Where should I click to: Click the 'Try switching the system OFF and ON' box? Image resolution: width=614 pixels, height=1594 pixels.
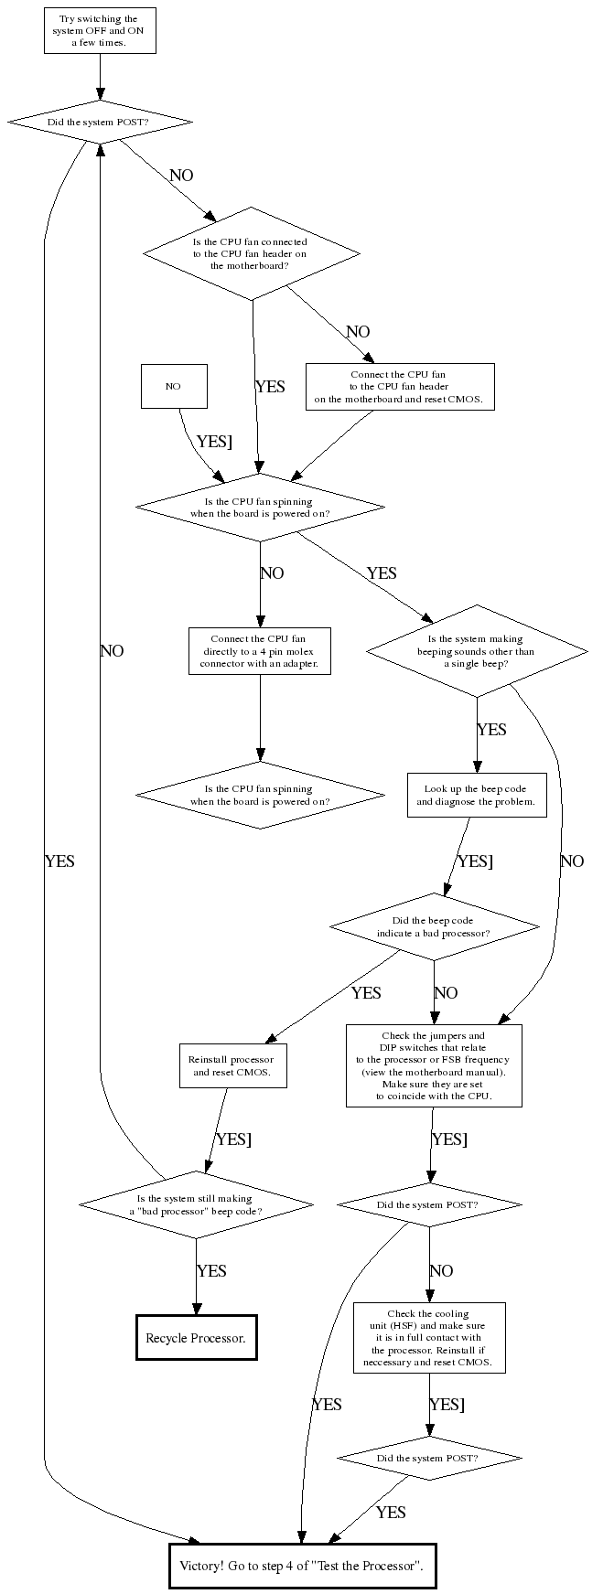100,31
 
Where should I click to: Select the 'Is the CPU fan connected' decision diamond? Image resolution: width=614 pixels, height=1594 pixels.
252,253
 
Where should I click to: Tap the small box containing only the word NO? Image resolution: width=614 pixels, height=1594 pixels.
174,386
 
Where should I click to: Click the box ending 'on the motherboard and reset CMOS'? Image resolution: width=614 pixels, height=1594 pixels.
399,387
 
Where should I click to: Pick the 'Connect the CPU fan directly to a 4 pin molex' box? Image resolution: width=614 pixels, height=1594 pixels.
259,651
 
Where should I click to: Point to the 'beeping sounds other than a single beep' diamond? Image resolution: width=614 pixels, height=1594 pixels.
476,651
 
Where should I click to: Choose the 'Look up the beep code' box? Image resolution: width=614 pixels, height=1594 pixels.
476,795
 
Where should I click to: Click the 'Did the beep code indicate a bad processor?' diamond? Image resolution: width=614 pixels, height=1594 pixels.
434,927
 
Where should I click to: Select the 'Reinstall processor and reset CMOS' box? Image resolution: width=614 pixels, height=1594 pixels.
232,1065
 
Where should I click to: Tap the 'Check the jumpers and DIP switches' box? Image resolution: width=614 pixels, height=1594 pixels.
434,1065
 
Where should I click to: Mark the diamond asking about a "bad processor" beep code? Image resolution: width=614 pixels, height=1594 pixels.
195,1204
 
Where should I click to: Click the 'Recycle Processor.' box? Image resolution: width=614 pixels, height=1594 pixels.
196,1338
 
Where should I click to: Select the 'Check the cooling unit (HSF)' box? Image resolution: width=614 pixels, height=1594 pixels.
428,1338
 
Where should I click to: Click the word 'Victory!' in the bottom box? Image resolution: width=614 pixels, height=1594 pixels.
202,1566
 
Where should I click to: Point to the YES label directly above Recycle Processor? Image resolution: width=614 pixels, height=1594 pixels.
211,1271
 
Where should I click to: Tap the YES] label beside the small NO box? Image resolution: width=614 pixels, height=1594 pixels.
214,441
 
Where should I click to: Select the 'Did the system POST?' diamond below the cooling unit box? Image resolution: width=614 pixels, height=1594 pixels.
428,1458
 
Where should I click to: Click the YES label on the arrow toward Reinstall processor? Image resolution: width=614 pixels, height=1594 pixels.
366,993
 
